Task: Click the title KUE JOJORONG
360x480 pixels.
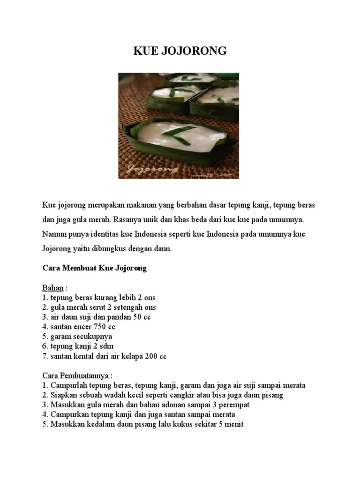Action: coord(180,51)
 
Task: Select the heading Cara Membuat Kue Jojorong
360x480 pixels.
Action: coord(95,269)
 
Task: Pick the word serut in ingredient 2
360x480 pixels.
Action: coord(98,307)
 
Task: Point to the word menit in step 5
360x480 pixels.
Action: coord(233,425)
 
